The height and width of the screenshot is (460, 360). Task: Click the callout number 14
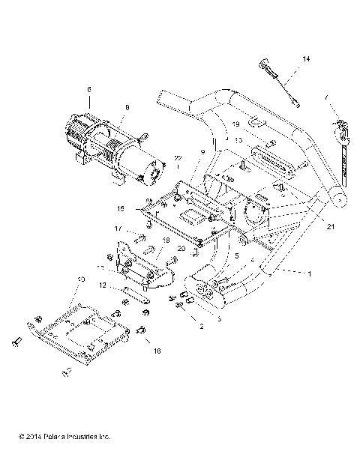[x=306, y=58]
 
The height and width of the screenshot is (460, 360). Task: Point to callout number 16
[x=156, y=350]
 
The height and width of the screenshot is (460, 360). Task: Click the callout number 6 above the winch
[x=88, y=90]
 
